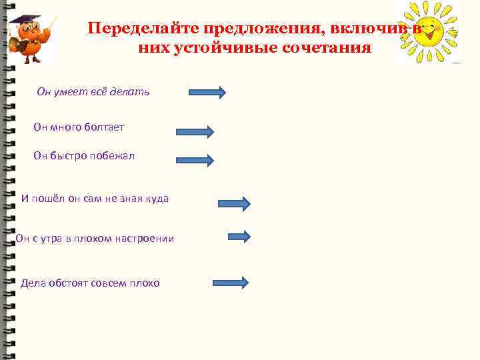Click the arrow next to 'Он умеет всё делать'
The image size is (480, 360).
(207, 91)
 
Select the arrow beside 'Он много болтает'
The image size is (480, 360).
(195, 131)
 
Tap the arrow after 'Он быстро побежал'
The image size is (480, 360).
(195, 159)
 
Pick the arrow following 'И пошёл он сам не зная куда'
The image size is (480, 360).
(233, 203)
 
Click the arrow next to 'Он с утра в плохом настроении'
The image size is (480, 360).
(239, 236)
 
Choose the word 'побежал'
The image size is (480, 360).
(113, 155)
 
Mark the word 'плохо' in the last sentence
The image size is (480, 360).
(145, 283)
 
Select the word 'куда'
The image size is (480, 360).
(157, 198)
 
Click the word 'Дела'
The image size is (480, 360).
(33, 283)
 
